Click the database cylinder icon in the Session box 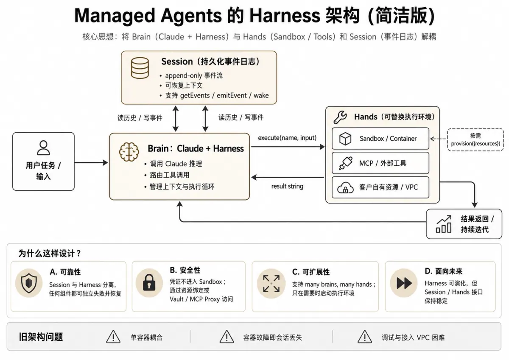[x=140, y=68]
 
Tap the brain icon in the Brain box [x=129, y=152]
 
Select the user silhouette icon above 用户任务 [x=43, y=148]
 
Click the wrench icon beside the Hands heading [x=340, y=117]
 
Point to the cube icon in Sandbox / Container [x=345, y=139]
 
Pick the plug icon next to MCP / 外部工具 [x=346, y=163]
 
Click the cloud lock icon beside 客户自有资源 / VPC [x=345, y=187]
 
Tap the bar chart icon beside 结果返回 [x=444, y=224]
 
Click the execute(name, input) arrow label [x=287, y=138]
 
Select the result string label [x=287, y=186]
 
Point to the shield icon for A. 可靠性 [x=29, y=283]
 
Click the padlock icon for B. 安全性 [x=149, y=283]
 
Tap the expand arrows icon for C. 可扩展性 [x=271, y=283]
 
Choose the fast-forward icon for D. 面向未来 [x=404, y=283]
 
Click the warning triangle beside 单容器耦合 [x=113, y=337]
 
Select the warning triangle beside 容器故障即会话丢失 [x=227, y=337]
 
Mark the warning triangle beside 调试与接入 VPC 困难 [x=365, y=337]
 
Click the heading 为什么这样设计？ [x=50, y=253]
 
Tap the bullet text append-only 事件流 [x=194, y=75]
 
